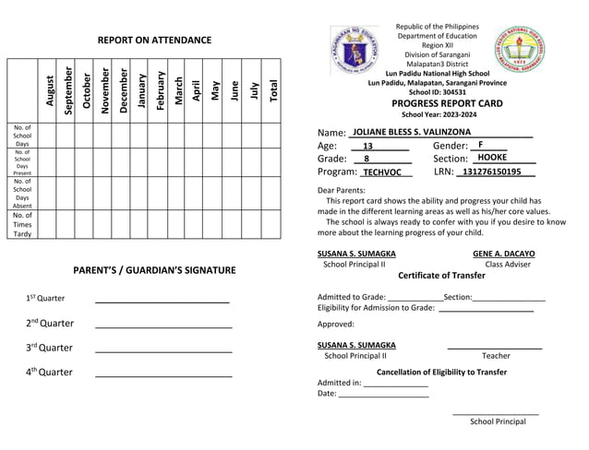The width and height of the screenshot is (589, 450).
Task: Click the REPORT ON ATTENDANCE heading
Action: (x=155, y=41)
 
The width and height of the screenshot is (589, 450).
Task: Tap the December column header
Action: (x=124, y=90)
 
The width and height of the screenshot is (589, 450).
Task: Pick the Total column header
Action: (x=273, y=90)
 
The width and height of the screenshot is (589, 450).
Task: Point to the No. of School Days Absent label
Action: (x=22, y=194)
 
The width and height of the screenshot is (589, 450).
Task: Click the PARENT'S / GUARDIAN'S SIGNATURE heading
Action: (x=154, y=270)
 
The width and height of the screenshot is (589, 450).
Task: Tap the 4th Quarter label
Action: (x=51, y=373)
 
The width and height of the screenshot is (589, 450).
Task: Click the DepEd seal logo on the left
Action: (x=349, y=50)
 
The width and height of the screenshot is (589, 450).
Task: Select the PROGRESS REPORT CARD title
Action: (x=447, y=104)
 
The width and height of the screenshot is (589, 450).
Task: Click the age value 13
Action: (x=367, y=147)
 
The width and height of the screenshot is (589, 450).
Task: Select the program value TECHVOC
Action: (x=381, y=172)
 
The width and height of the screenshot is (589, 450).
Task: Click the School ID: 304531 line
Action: (x=437, y=92)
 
